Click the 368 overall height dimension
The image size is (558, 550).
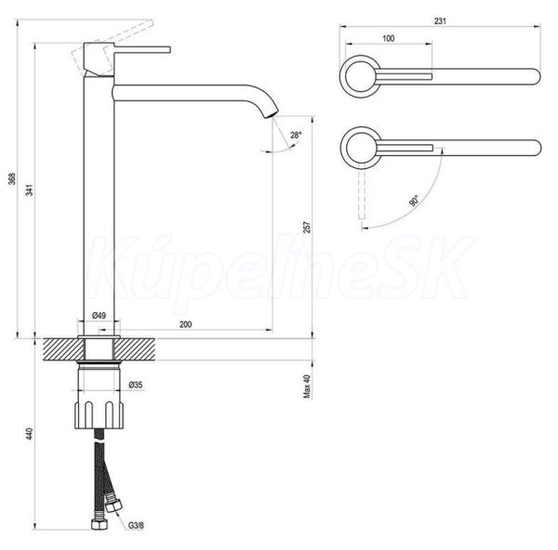[x=12, y=178]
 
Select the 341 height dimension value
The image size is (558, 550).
[x=31, y=190]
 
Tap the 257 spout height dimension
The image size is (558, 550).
[x=307, y=228]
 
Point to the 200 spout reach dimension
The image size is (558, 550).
[x=185, y=324]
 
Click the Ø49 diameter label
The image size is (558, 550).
[x=99, y=315]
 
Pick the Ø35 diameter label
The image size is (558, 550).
[x=136, y=385]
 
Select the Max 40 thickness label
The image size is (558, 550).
[x=307, y=386]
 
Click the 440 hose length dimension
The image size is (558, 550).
[x=30, y=434]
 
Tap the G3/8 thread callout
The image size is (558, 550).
[x=136, y=526]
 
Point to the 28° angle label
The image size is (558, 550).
[x=296, y=135]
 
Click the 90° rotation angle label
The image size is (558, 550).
[x=414, y=201]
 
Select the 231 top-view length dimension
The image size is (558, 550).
[x=440, y=21]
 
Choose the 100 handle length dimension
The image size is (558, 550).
[x=388, y=38]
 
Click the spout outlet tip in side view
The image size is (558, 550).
[x=272, y=114]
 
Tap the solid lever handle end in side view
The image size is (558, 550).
[x=167, y=50]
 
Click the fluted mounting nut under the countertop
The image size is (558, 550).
[x=100, y=415]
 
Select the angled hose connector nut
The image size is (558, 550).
[x=113, y=504]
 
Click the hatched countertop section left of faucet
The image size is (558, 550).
[x=63, y=349]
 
